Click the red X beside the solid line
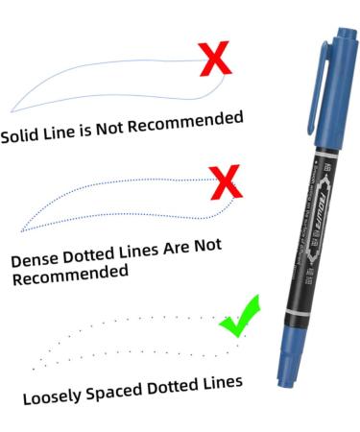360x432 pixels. tap(218, 59)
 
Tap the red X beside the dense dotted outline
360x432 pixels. tap(225, 180)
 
